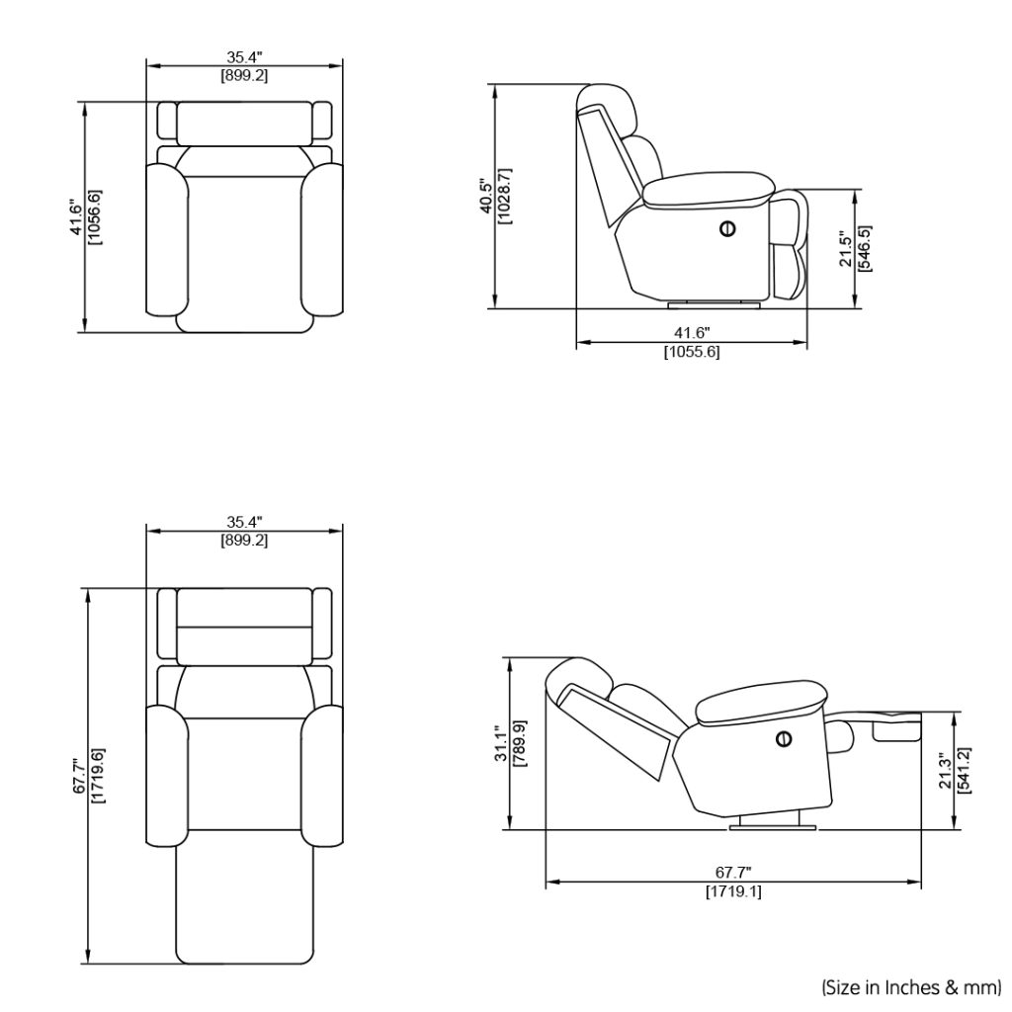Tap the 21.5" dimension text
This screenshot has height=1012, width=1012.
click(x=845, y=250)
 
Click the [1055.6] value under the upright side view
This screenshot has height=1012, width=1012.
click(x=691, y=353)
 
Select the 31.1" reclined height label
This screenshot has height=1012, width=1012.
click(x=501, y=743)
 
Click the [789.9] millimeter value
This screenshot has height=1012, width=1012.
click(x=520, y=743)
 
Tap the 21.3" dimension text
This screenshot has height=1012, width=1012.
click(x=945, y=770)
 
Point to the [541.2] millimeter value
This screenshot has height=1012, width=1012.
click(x=964, y=770)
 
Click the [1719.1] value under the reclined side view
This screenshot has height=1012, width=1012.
click(x=732, y=891)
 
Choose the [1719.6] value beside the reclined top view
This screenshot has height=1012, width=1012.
click(x=96, y=777)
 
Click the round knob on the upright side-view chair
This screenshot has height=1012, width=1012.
click(x=727, y=229)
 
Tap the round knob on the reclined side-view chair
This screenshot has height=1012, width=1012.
click(x=785, y=737)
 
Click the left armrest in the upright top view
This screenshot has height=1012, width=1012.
click(x=166, y=239)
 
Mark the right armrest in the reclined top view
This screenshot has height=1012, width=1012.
click(x=323, y=776)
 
